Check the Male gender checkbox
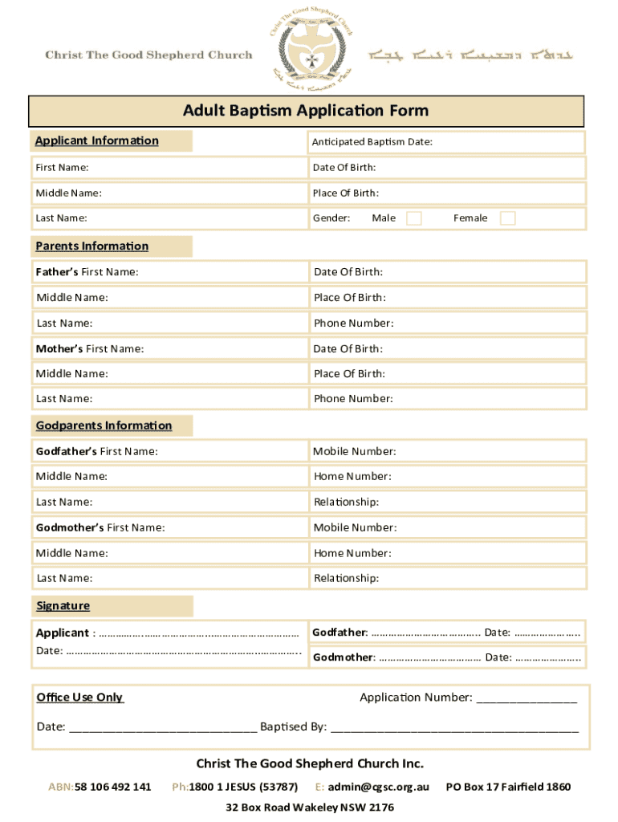coord(413,218)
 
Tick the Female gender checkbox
coord(507,218)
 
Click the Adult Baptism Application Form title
coord(306,111)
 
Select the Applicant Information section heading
coord(97,141)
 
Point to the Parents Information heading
coord(92,246)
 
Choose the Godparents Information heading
coord(104,425)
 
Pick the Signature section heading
coord(63,606)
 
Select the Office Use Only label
coord(80,698)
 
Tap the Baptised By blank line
coord(454,728)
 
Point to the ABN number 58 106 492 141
coord(112,787)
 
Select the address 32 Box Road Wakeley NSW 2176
coord(310,808)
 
